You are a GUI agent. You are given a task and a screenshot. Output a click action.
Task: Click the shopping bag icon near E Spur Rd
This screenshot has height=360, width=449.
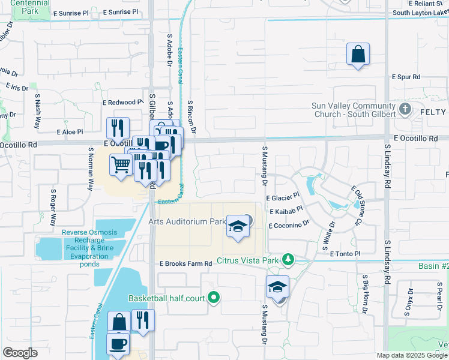coord(358,55)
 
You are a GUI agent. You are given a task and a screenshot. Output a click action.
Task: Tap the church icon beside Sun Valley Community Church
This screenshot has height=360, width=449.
coord(405,110)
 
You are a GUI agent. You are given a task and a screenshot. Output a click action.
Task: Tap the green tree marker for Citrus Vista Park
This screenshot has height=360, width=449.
coord(289,259)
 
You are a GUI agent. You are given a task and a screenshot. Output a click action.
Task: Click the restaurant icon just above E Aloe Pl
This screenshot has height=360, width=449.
coord(118,128)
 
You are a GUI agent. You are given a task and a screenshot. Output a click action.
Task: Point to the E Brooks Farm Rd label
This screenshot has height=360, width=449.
coord(185,263)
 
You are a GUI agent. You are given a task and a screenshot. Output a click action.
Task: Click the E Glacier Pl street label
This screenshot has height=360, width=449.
coord(282,197)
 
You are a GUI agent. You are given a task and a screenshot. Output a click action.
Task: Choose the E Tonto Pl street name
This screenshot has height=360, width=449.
coord(345,254)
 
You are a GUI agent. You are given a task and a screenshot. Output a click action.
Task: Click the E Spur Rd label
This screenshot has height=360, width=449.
coord(406,77)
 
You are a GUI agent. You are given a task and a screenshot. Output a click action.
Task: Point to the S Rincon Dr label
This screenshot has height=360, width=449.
coord(192,115)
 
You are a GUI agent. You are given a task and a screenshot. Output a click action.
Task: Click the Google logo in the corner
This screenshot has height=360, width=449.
coord(20,352)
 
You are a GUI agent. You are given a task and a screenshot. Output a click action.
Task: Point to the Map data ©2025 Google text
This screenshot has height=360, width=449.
coord(412,355)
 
